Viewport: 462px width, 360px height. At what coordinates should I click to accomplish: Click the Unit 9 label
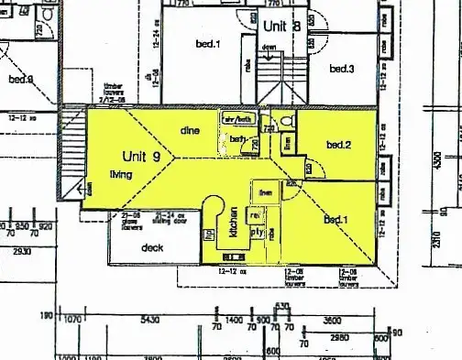[141, 157]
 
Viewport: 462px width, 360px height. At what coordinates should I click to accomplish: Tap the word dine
[190, 129]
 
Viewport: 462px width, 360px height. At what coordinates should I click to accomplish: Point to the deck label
[152, 247]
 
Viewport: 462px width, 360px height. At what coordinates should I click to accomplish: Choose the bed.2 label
[338, 145]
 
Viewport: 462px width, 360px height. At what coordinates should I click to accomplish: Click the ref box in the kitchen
[256, 214]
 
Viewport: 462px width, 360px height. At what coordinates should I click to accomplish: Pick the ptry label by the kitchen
[258, 233]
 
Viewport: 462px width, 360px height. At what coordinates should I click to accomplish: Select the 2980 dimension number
[338, 337]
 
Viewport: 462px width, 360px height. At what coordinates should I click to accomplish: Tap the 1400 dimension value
[234, 321]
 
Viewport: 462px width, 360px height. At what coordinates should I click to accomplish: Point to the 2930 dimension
[21, 251]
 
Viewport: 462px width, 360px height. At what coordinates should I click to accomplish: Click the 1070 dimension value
[74, 321]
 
